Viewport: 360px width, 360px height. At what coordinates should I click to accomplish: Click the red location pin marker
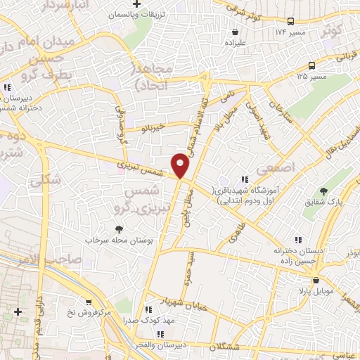181,165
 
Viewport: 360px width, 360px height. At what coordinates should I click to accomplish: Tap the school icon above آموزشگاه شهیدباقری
245,179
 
